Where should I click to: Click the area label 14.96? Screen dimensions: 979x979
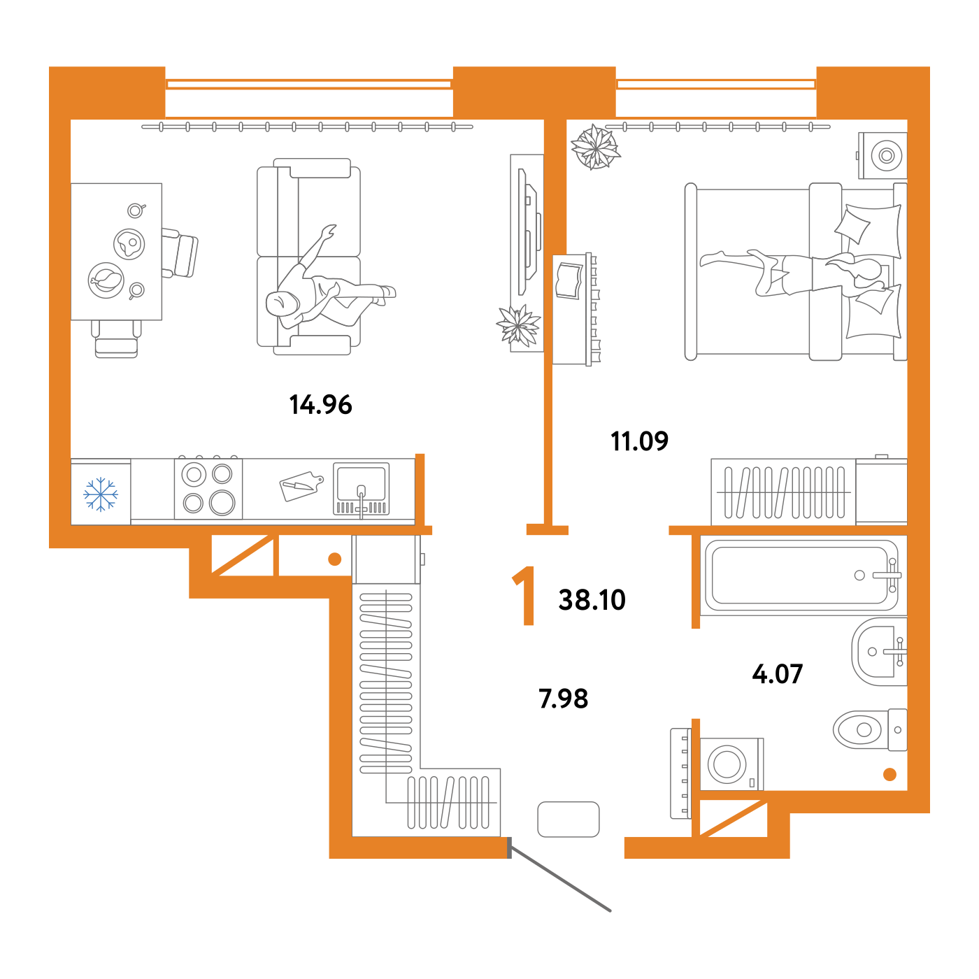320,404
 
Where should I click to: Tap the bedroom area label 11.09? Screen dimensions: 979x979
639,441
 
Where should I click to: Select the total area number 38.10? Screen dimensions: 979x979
592,599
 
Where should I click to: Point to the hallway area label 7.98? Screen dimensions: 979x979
564,698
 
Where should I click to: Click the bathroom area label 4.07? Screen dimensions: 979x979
778,673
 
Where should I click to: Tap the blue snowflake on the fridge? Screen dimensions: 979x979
101,494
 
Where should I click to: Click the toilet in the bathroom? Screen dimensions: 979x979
871,729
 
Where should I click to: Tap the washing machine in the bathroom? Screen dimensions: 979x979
731,764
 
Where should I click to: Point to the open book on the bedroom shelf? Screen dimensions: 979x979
569,280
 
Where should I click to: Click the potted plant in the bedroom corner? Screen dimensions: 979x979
595,148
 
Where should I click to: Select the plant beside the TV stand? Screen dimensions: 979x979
518,325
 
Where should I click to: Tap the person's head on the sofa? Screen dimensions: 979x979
281,303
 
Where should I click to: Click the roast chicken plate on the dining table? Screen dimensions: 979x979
106,280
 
